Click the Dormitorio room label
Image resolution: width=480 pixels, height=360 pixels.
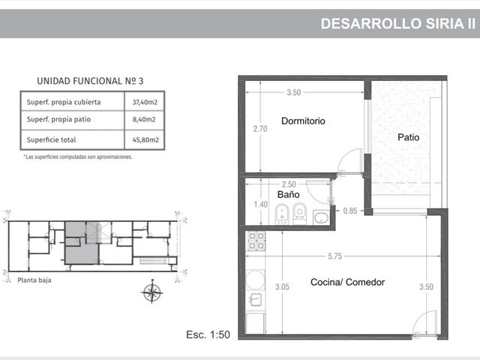[303, 121]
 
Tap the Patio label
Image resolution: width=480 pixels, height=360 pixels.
[408, 137]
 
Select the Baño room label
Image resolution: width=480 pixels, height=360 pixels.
[288, 194]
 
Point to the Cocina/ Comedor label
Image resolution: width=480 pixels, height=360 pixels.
[347, 282]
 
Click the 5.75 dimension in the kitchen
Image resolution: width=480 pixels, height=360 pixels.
[334, 256]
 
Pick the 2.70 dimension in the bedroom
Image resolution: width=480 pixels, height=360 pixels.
[260, 129]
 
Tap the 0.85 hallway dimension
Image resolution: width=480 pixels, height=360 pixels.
[350, 211]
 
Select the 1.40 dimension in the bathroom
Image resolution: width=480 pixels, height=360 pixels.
[261, 204]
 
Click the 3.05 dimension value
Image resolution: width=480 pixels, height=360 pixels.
[282, 286]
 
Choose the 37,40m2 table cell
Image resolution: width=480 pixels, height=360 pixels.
[145, 102]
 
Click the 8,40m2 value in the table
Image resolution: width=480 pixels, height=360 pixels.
[144, 119]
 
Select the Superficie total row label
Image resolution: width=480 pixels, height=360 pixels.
[51, 139]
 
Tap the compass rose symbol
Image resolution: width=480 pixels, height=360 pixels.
[152, 292]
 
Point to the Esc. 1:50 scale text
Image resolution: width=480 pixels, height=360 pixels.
[208, 334]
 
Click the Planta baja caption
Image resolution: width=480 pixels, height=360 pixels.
[34, 280]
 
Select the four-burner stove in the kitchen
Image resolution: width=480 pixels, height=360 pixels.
[256, 241]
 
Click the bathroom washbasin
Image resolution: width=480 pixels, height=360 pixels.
[321, 217]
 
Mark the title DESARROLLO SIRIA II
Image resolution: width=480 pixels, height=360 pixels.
[398, 23]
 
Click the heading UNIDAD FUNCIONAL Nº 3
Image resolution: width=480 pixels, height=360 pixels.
[90, 81]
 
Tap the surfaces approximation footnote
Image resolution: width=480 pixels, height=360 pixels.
[78, 157]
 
